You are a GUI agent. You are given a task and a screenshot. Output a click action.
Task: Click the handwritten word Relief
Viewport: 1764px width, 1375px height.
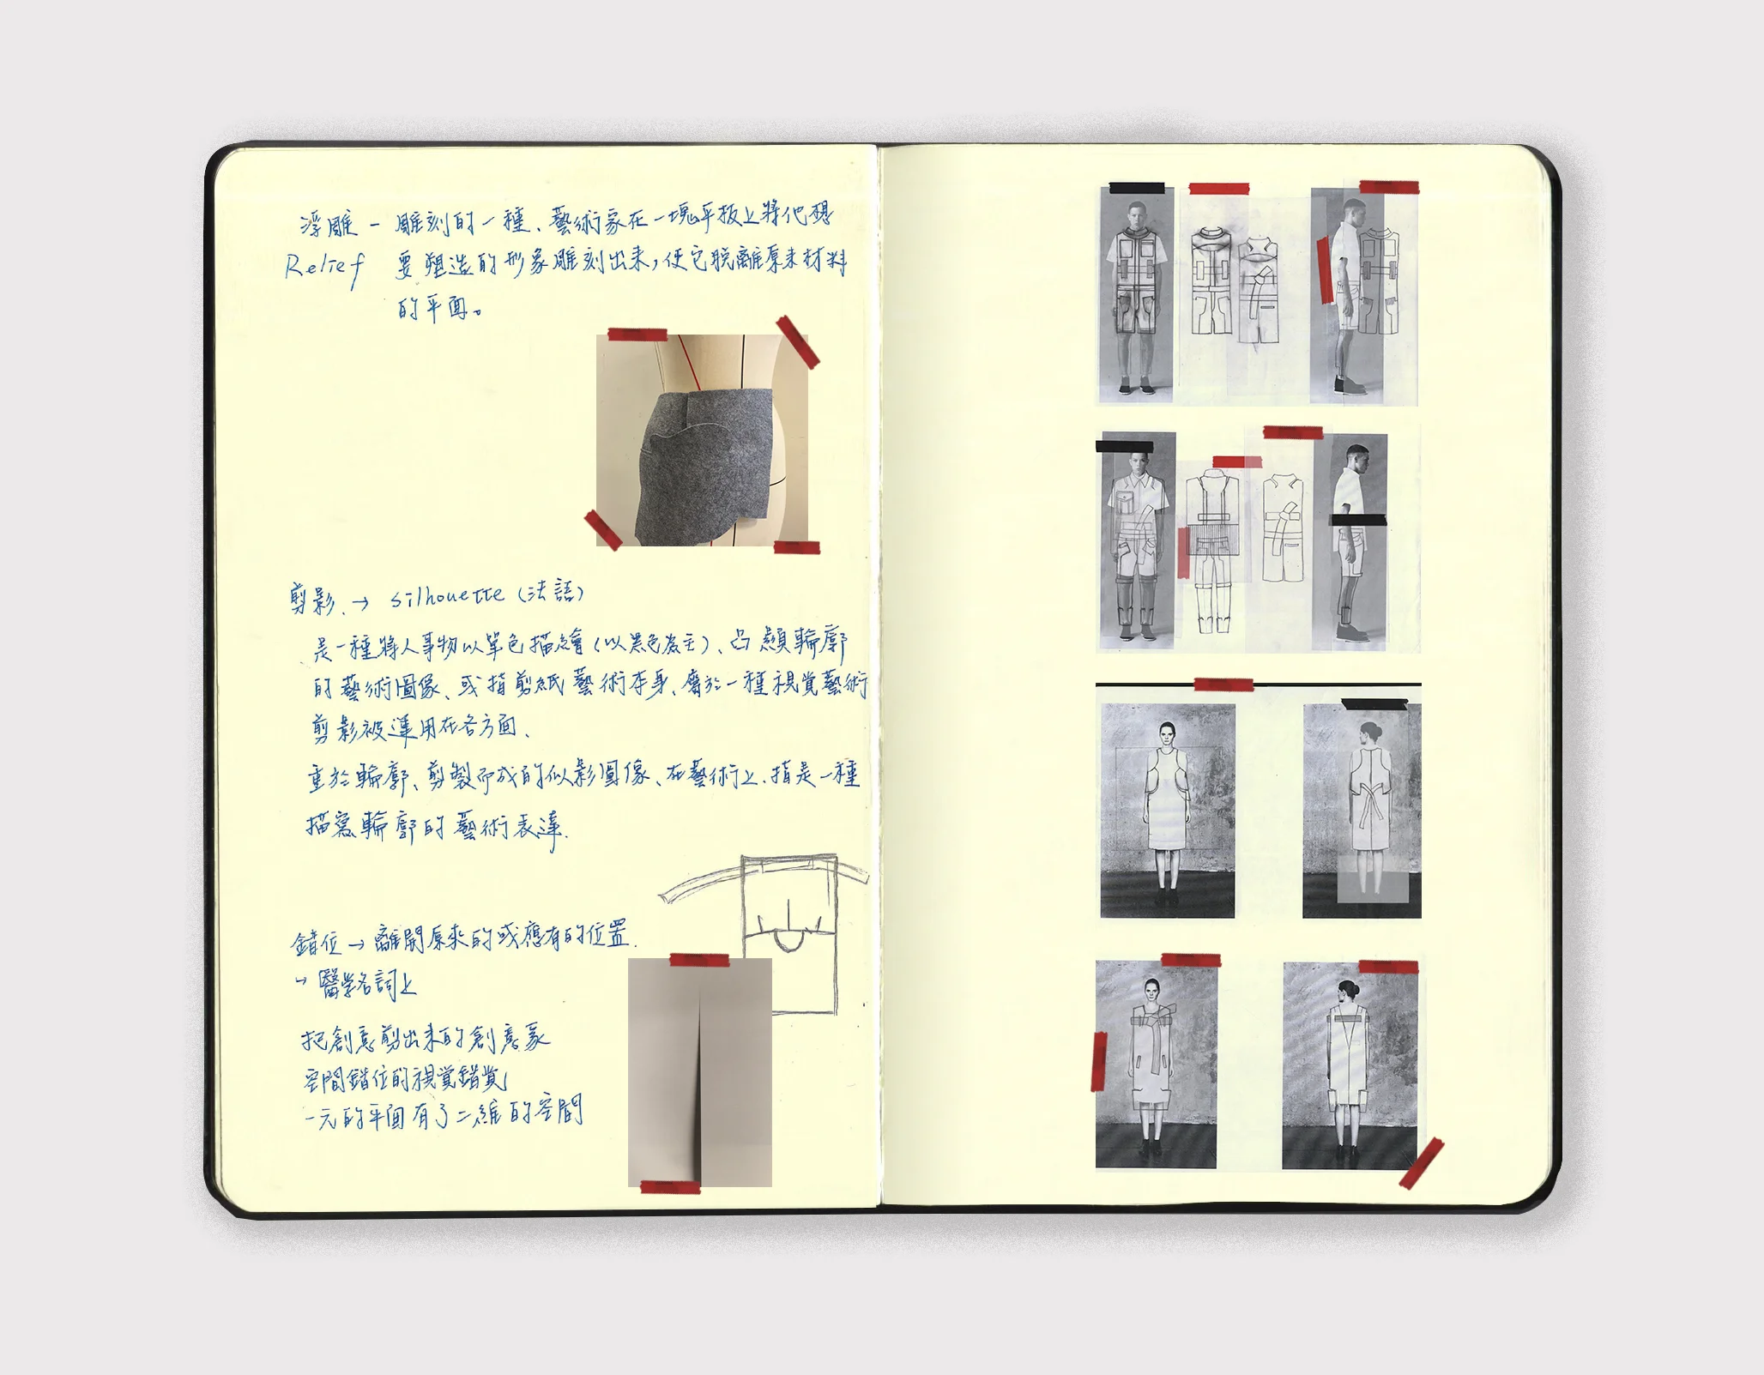point(323,268)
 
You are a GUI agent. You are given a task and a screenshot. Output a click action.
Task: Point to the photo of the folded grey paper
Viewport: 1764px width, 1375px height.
point(699,1072)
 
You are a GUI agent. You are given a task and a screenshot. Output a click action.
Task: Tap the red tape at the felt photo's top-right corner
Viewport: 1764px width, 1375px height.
point(797,341)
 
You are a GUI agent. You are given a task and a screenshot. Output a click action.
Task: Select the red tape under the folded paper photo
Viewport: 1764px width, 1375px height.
point(671,1187)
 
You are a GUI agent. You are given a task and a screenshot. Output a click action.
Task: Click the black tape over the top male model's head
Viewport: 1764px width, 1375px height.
point(1137,188)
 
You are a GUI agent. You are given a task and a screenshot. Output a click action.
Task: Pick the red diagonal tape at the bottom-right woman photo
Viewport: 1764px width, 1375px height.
point(1421,1163)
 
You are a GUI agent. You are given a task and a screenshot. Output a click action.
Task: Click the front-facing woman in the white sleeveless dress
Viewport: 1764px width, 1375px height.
point(1166,806)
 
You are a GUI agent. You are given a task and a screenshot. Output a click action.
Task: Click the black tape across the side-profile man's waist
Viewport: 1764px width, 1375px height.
point(1357,520)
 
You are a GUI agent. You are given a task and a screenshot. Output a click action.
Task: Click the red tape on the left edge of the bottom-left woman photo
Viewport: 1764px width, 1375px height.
point(1098,1061)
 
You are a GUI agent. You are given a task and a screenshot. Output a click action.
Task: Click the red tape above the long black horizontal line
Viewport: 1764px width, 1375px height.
point(1223,684)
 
